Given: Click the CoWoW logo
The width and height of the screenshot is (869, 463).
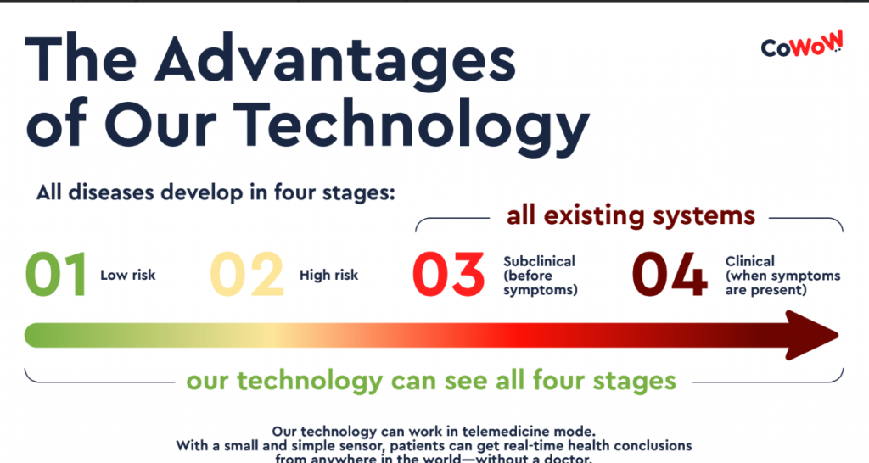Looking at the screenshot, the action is pos(802,44).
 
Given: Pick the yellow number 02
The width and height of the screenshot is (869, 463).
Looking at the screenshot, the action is pos(247,275).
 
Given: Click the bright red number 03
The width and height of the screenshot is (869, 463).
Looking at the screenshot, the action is pos(448,275).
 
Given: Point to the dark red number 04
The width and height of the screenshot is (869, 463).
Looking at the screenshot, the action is pos(670,275).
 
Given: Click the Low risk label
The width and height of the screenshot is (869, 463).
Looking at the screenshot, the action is pos(128,276).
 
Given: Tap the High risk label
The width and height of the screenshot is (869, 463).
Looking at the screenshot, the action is pos(329,276).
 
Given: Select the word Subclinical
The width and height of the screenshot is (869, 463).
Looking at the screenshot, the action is pos(539,261).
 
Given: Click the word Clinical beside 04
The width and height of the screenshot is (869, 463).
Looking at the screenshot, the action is pos(750,261).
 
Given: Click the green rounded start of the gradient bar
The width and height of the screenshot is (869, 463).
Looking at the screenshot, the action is pos(34,336).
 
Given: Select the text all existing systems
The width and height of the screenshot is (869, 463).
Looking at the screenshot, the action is pos(631,215).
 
